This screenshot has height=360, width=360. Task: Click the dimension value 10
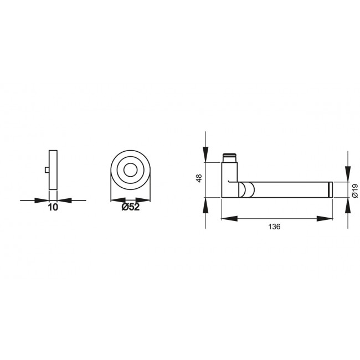click(53, 208)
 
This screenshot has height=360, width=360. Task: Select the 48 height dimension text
click(199, 178)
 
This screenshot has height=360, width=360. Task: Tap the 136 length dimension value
click(275, 227)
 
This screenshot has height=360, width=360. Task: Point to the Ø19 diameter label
click(355, 190)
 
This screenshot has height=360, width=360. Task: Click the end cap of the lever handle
click(330, 189)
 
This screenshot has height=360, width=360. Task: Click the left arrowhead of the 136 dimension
click(228, 219)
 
